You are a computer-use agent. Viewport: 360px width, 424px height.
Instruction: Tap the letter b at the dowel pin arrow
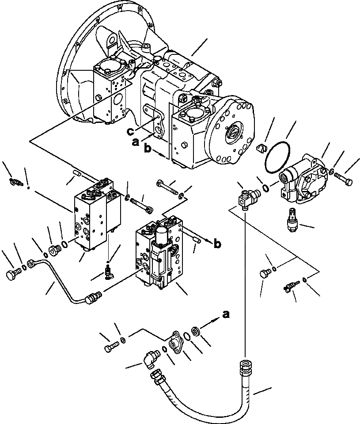pos(217,243)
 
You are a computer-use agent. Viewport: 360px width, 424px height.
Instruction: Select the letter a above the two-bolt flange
pos(226,314)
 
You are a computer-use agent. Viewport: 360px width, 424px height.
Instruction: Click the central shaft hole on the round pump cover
pos(232,131)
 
